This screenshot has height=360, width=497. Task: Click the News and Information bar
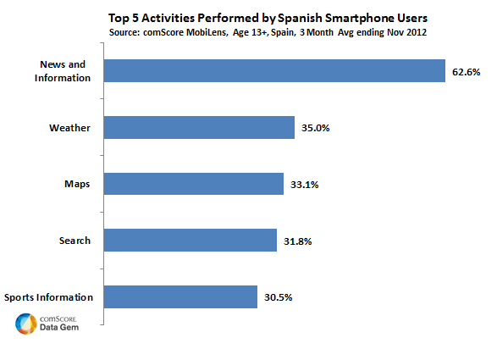[274, 71]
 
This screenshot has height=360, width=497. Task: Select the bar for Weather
[199, 128]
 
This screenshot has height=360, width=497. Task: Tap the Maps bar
[194, 184]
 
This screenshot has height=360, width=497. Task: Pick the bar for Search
[191, 240]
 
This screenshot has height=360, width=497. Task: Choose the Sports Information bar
[180, 296]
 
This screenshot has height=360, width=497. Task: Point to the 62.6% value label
[467, 72]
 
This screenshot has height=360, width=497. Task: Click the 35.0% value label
[315, 128]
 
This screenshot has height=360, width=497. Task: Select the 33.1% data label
[304, 185]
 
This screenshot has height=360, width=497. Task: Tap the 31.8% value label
[298, 241]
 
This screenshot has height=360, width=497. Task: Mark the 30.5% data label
[279, 297]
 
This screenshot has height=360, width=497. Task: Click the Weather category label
[69, 128]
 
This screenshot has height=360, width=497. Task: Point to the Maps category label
[77, 185]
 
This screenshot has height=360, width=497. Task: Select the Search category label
[75, 241]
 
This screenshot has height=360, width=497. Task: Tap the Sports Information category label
[48, 297]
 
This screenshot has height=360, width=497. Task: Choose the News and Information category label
[63, 71]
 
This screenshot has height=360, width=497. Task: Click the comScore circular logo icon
[26, 324]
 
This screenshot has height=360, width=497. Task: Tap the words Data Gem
[59, 327]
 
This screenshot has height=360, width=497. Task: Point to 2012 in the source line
[416, 32]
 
